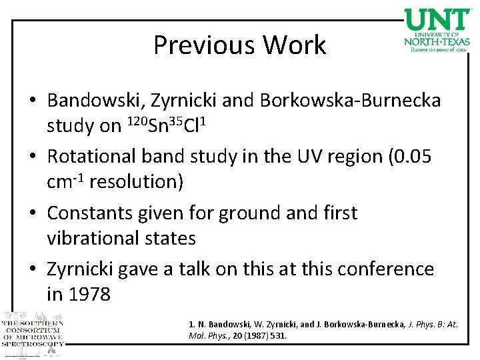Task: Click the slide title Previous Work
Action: click(x=240, y=45)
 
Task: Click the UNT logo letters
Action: click(x=437, y=19)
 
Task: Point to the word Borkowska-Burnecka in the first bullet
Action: click(x=351, y=101)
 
